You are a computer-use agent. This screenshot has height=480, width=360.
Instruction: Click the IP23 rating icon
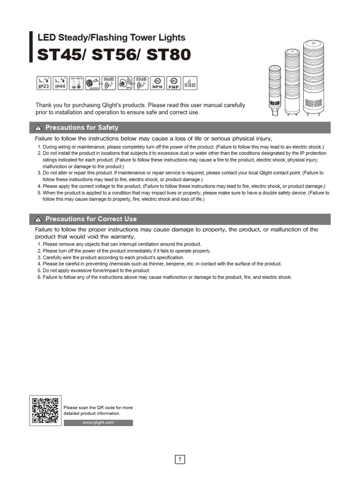click(45, 82)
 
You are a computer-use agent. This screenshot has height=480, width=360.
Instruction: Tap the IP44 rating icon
click(60, 82)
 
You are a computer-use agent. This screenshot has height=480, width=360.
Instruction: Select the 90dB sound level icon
click(109, 82)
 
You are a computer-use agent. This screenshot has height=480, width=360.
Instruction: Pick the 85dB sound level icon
click(141, 82)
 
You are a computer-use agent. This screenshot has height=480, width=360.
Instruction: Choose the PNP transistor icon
click(173, 82)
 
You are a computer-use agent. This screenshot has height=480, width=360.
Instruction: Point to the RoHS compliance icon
click(189, 82)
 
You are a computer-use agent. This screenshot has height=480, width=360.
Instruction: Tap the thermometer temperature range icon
click(75, 82)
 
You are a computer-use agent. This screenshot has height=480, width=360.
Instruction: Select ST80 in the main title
click(169, 55)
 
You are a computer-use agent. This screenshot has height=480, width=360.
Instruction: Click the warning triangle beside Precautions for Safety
click(38, 128)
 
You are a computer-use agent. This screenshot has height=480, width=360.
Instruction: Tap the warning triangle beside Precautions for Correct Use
click(38, 219)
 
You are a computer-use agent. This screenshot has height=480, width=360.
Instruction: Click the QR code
click(45, 411)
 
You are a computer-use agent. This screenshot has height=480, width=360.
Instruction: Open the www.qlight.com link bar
click(98, 423)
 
